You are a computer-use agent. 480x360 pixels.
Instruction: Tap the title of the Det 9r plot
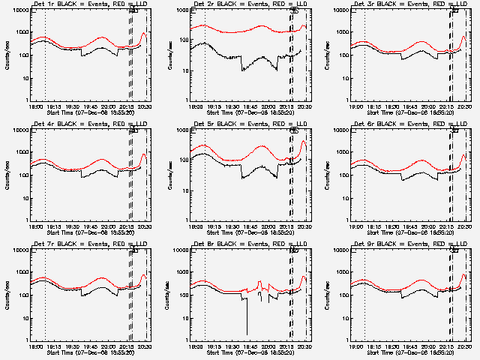coord(405,245)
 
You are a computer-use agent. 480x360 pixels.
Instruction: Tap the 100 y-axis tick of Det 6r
coord(343,175)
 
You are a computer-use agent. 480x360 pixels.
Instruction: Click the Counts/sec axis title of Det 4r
coord(6,175)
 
